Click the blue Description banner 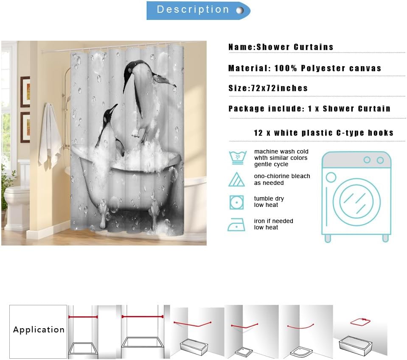point(198,10)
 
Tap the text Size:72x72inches point(268,89)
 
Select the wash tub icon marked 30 point(236,157)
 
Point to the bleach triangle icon point(236,179)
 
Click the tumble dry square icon point(236,202)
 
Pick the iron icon point(236,224)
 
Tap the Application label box point(38,330)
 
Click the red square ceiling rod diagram point(360,322)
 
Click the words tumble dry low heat point(269,202)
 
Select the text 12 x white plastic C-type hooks point(323,133)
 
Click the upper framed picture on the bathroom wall point(25,92)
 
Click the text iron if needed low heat point(273,224)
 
